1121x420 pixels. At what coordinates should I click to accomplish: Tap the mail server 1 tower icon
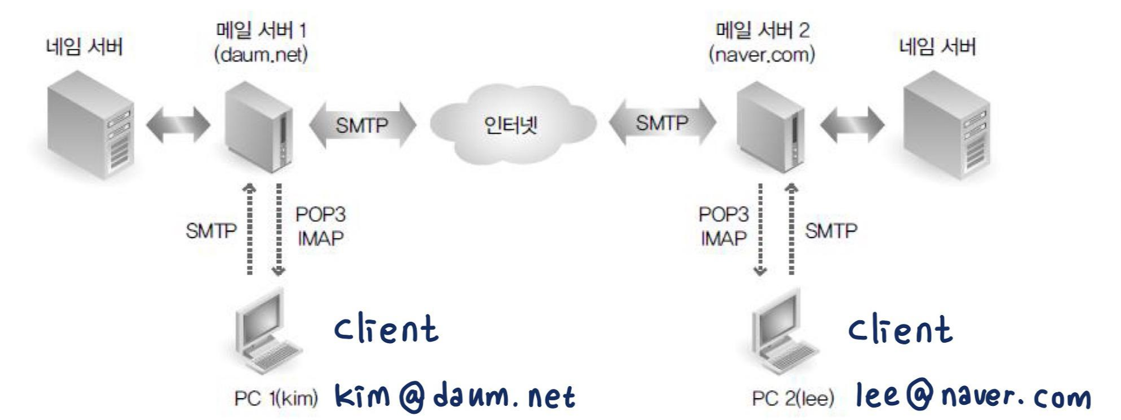(x=258, y=127)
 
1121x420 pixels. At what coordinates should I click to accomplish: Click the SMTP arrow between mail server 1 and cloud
(x=362, y=125)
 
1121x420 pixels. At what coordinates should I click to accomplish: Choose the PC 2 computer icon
(x=783, y=333)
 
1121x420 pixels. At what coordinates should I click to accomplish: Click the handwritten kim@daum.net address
(x=455, y=396)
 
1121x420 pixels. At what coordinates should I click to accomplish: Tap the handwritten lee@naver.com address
(x=973, y=396)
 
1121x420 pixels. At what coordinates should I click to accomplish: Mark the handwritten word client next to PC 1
(x=386, y=330)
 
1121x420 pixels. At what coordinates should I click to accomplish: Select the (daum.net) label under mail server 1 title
(x=261, y=55)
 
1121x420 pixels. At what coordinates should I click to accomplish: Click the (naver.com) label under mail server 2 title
(x=762, y=55)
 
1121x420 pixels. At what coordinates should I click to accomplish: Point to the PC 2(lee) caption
(x=793, y=399)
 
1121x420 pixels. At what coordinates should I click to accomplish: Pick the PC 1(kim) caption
(x=276, y=399)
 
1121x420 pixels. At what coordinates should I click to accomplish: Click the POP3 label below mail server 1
(x=320, y=215)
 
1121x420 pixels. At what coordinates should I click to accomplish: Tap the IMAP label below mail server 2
(x=724, y=238)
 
